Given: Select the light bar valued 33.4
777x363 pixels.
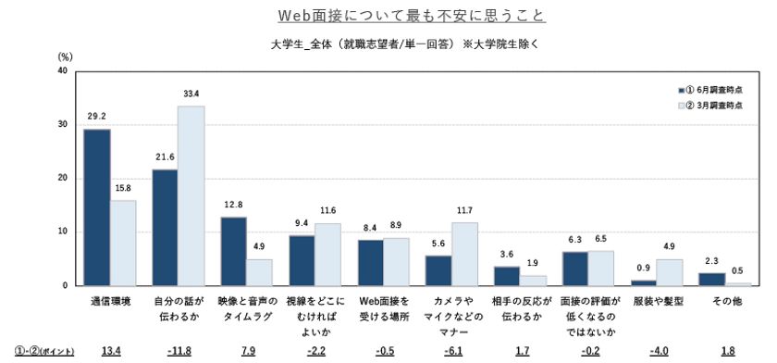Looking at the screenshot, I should point(191,195).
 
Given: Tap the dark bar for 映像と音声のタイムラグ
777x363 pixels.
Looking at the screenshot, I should point(233,251).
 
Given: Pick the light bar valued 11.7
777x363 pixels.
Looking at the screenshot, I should point(465,254).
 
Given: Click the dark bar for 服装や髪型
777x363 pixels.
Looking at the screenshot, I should point(644,282).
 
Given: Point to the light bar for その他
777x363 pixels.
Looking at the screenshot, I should point(738,283).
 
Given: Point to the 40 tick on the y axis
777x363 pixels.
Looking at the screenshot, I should point(61,70).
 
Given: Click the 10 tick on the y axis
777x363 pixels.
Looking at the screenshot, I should point(61,232).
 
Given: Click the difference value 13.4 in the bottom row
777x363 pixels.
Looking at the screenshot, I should point(110,351).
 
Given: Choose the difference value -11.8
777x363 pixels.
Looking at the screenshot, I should point(179,351).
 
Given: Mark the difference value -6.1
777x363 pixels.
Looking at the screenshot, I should point(452,351).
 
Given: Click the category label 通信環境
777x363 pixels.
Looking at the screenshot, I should point(110,301).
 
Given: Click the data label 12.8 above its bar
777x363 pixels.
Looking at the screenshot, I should point(233,206).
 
